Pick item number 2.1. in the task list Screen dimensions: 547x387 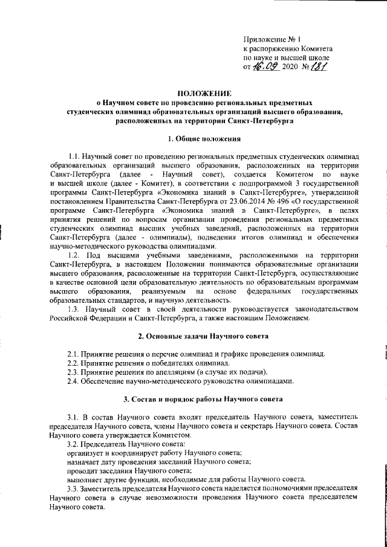coord(74,353)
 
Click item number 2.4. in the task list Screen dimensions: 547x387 coord(74,381)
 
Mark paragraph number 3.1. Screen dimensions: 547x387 coord(74,417)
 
